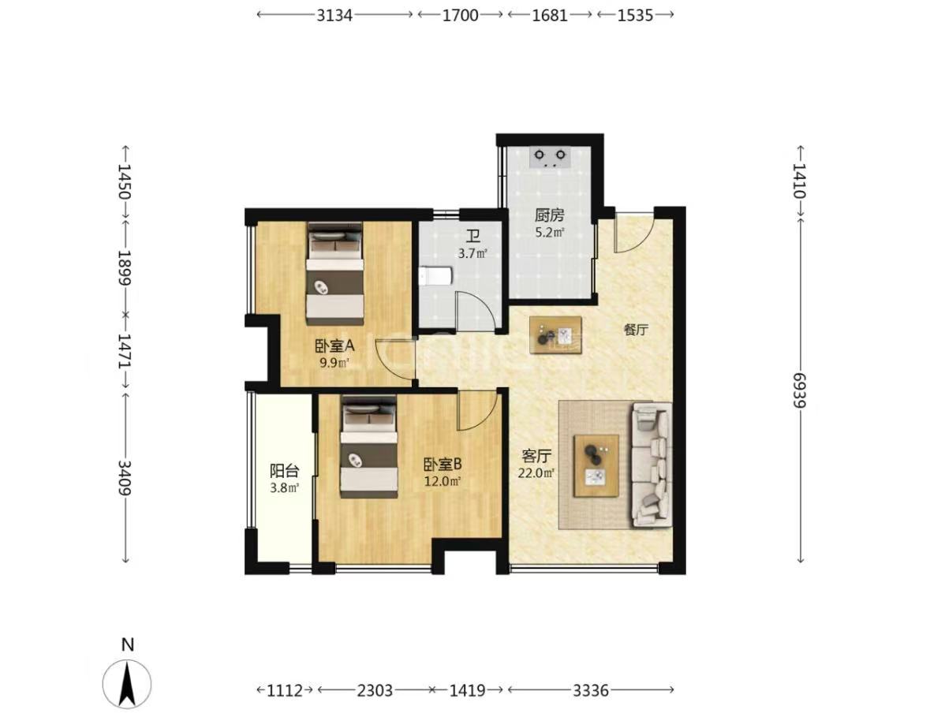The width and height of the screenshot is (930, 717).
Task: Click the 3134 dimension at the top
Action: coord(334,15)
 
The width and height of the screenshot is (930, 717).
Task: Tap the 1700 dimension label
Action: coord(460,15)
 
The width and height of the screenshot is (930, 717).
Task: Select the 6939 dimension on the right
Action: coord(800,390)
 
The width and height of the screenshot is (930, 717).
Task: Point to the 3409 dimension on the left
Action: coord(125,476)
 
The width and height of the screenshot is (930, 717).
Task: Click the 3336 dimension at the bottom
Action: coord(591,689)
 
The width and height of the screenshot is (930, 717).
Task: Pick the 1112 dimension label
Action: coord(285,689)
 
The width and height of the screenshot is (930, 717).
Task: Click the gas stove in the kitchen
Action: coord(550,156)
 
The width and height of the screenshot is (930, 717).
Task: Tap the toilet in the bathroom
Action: coord(436,276)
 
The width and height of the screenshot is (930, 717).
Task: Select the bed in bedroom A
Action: coord(334,274)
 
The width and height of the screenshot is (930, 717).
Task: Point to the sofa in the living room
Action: coord(652,465)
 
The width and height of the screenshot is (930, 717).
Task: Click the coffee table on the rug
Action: coord(596,465)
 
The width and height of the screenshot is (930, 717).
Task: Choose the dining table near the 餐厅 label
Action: coord(555,336)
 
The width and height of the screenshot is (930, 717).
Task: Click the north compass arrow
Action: coord(127,685)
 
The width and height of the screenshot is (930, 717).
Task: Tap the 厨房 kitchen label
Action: coord(550,215)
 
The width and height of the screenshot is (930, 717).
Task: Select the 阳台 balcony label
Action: coord(284,471)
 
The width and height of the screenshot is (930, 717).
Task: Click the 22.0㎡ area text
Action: coord(536,473)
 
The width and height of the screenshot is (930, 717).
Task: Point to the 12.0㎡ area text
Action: coord(443,481)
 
